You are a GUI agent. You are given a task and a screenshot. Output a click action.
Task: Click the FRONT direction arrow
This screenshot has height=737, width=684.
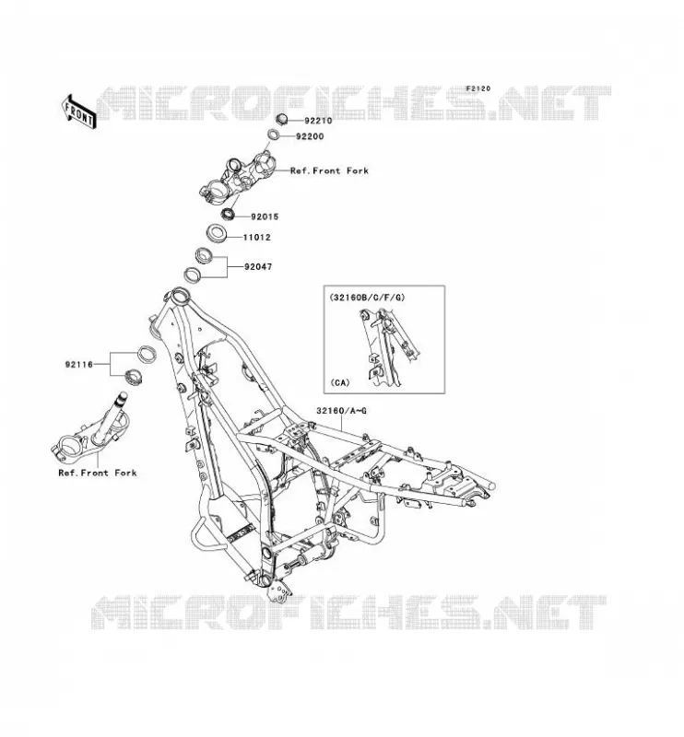point(78,111)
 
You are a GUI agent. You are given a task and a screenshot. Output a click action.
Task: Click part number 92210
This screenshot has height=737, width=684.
point(318,121)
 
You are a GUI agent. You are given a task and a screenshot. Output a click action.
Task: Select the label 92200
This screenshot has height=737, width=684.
point(310,136)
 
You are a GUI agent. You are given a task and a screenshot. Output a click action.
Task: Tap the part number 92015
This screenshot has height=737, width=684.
point(265,216)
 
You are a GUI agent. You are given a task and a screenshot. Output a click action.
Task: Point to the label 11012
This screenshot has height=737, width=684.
point(257,238)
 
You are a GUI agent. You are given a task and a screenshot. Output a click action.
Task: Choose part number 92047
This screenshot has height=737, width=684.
point(258,266)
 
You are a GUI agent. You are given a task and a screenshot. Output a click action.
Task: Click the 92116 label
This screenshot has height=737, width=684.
point(79,364)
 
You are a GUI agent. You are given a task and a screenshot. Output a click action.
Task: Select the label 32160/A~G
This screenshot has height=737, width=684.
point(341,411)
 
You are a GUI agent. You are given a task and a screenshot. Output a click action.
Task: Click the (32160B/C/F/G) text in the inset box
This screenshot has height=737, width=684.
point(367,297)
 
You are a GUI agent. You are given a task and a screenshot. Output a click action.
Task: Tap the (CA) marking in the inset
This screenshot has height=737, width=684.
point(340,382)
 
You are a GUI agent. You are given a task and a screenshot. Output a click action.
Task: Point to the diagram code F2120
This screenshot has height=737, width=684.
point(478,88)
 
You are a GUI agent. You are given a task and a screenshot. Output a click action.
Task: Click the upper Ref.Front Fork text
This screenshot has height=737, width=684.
point(329,170)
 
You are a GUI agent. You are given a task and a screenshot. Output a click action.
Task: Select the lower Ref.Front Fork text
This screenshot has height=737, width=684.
point(98,473)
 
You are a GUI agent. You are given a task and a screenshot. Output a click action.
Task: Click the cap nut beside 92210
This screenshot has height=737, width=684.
point(281,119)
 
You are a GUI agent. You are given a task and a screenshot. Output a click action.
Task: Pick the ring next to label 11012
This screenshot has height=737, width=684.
point(217,233)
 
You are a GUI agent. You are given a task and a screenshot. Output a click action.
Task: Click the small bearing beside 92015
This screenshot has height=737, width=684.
point(229,214)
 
